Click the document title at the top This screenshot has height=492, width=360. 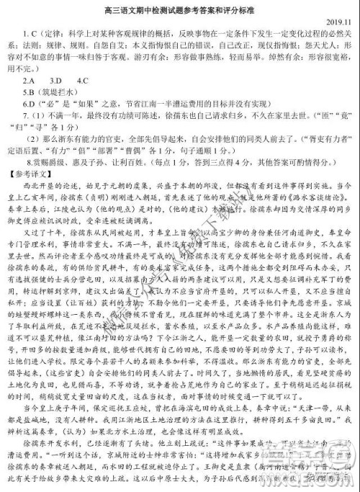(180, 9)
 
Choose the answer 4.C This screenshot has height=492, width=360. (81, 80)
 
